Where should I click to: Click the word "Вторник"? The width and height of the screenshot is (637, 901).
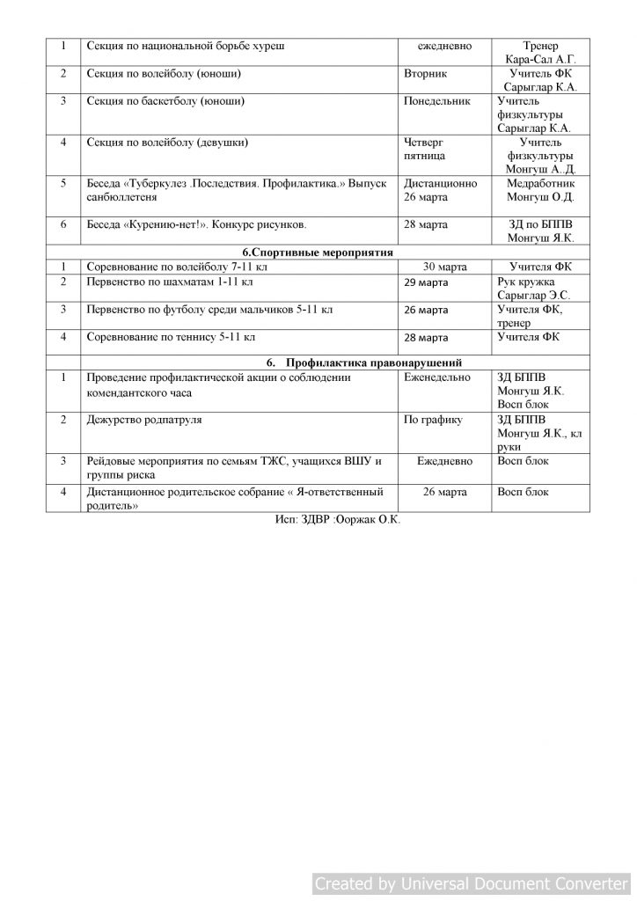coord(425,74)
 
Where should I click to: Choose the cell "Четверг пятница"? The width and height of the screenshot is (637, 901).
coord(425,149)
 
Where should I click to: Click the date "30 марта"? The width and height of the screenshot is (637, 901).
coord(444,267)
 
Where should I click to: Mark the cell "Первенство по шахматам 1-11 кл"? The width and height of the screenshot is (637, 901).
coord(170,282)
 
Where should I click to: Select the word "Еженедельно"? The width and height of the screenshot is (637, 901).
coord(439,377)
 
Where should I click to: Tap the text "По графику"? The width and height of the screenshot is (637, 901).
coord(433,420)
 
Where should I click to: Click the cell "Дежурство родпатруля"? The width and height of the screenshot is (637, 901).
coord(144,420)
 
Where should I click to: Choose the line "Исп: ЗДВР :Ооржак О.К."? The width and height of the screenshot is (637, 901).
coord(337,521)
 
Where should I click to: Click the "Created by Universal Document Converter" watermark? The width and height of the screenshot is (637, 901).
coord(472,883)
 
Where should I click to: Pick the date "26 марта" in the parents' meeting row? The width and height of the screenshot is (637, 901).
coord(444,492)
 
